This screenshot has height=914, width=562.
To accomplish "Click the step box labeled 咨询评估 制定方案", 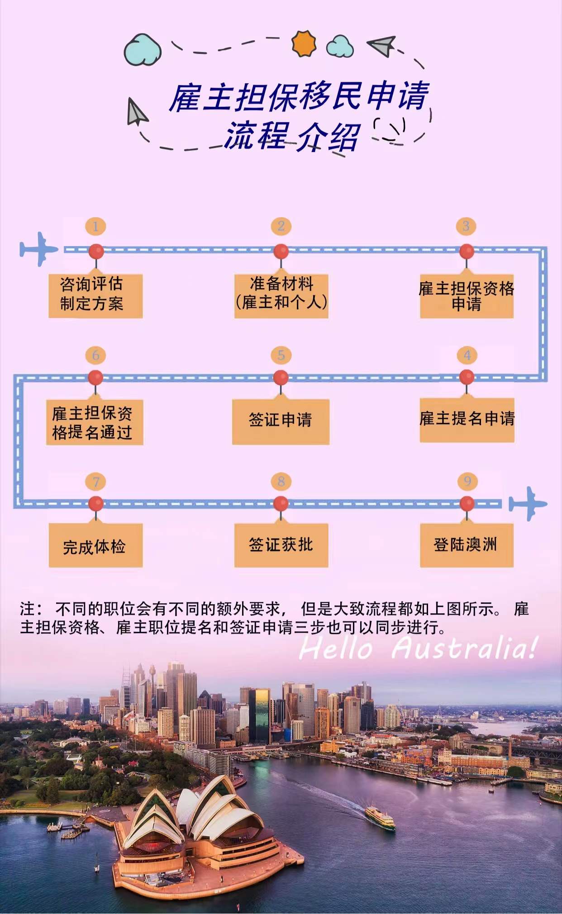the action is [95, 295].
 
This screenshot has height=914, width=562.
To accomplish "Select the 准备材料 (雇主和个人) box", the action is [281, 295].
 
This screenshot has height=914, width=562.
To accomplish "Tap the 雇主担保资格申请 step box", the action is [467, 295].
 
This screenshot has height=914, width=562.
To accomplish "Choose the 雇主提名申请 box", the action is [467, 420].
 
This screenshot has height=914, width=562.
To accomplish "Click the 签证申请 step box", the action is [281, 421].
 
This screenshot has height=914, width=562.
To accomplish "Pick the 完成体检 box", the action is [95, 545].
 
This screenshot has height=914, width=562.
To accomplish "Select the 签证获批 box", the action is [281, 545].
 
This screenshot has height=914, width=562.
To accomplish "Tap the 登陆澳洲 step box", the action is [467, 545].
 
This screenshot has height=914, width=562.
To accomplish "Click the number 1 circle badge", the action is [95, 226].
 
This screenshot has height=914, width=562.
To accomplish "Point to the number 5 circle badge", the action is [281, 355].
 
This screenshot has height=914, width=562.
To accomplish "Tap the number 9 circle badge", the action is [467, 481].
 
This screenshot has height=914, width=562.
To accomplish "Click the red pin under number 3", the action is [467, 251].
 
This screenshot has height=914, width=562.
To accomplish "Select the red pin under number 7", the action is [95, 503].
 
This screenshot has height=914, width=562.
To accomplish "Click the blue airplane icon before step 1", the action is [38, 249].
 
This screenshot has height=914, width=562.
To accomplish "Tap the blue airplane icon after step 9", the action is [528, 503].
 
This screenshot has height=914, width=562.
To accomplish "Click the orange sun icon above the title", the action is [304, 43].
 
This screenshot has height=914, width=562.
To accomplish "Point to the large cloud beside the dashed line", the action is [143, 49].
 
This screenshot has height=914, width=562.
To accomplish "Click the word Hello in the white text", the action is [335, 648].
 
